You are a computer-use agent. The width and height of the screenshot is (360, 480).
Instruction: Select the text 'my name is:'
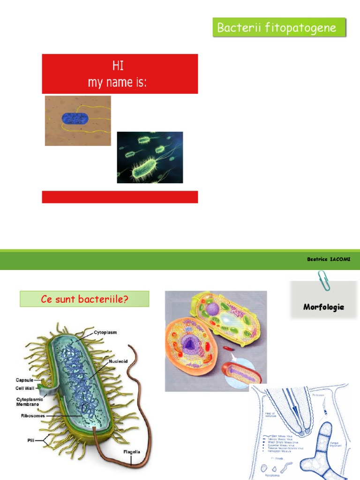117,82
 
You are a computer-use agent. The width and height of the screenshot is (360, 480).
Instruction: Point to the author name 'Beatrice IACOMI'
329,259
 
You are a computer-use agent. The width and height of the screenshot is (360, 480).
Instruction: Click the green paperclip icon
322,280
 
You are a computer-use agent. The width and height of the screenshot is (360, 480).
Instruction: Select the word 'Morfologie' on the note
323,307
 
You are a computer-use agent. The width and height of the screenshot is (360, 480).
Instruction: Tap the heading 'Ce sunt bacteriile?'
84,299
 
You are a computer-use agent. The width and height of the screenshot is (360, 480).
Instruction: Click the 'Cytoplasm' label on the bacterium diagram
105,332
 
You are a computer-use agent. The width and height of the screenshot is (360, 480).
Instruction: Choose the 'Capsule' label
24,380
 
